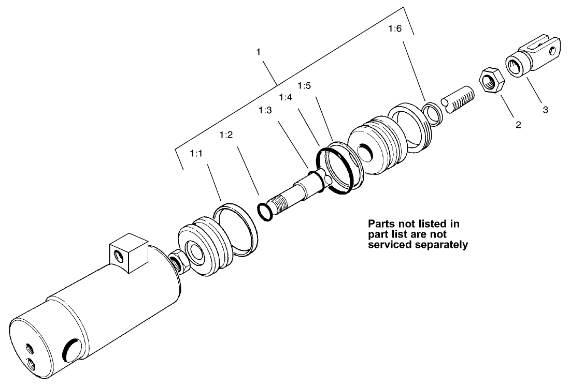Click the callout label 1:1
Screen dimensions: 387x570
click(x=196, y=153)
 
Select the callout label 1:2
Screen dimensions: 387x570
click(x=226, y=135)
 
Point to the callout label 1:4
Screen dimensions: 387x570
click(x=285, y=97)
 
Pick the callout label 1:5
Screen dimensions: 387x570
click(x=304, y=84)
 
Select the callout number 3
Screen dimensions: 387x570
click(x=545, y=110)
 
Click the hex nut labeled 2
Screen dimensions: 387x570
click(x=490, y=80)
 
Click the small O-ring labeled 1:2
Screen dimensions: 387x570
click(x=264, y=211)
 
